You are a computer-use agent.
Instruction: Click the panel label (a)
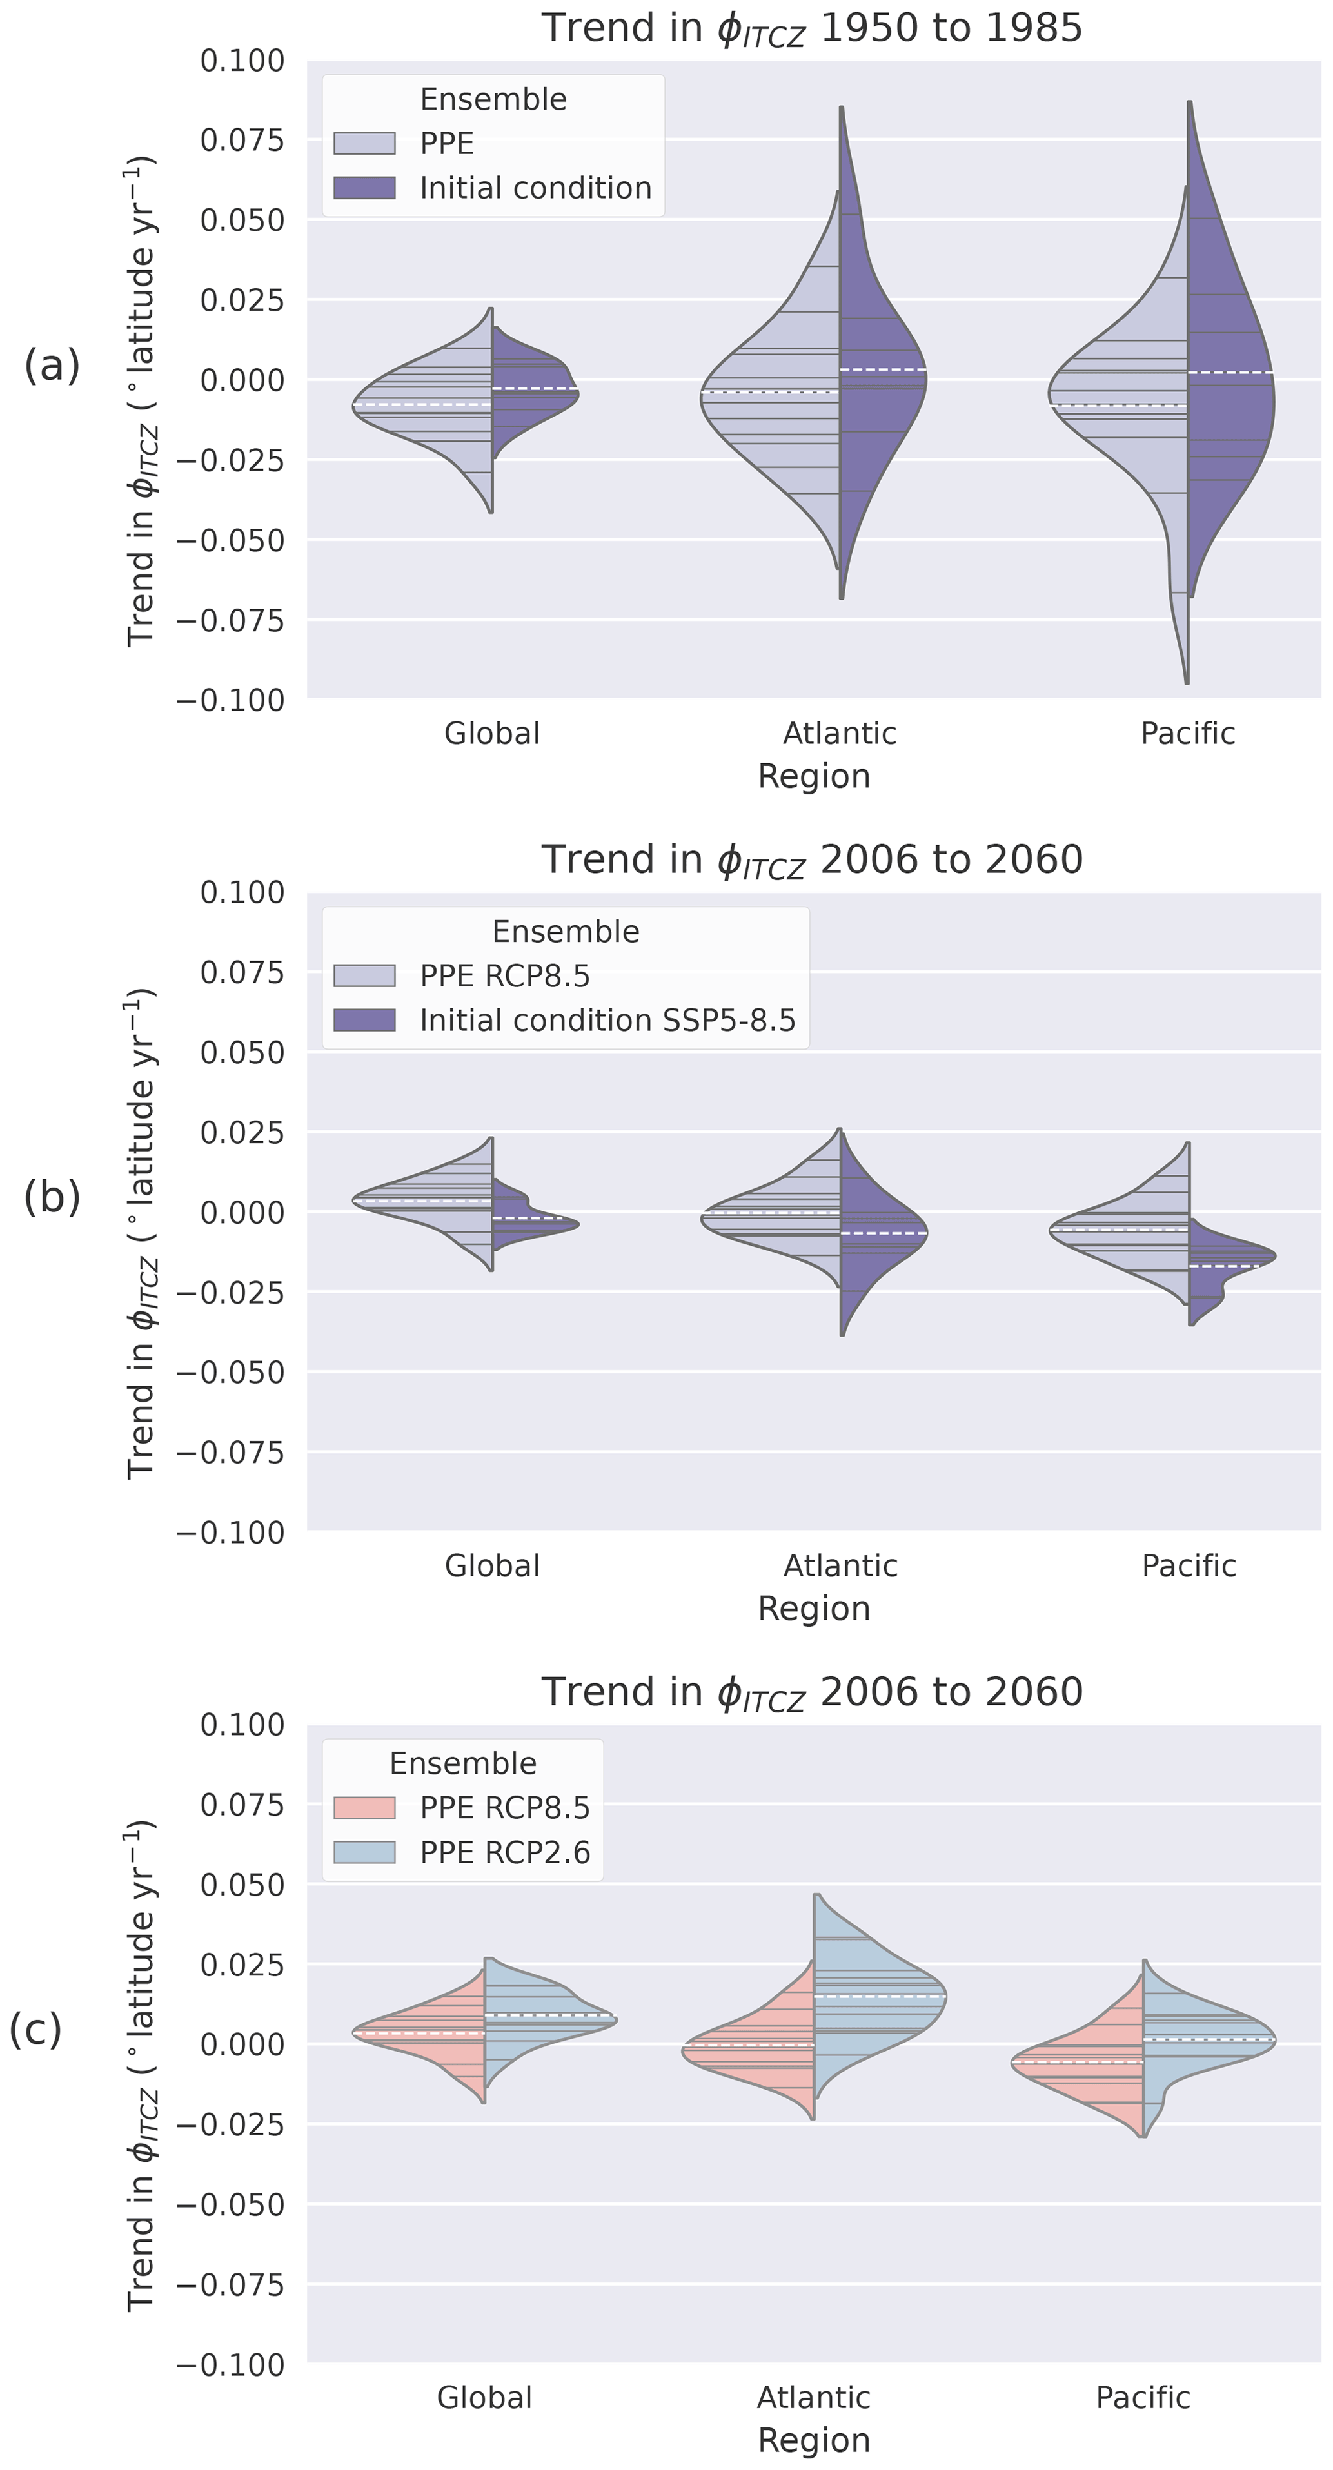tap(52, 366)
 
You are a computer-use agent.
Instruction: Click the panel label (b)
tap(52, 1197)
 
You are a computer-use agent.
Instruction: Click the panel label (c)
tap(35, 2029)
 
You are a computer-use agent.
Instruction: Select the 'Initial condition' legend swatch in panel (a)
tap(364, 188)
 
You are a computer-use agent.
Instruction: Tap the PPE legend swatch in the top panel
tap(364, 144)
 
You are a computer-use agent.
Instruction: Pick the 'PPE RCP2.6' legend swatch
tap(364, 1852)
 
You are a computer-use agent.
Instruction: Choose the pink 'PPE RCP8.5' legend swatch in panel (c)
tap(364, 1807)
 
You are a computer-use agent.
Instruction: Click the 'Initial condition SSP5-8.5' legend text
tap(607, 1020)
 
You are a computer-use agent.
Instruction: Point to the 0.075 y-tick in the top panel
tap(242, 140)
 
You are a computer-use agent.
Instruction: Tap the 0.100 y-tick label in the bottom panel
tap(242, 1724)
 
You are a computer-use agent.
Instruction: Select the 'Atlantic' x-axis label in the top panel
tap(840, 734)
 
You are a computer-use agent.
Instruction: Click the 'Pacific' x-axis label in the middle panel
tap(1188, 1566)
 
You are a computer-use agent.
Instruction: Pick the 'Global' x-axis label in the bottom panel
tap(484, 2397)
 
